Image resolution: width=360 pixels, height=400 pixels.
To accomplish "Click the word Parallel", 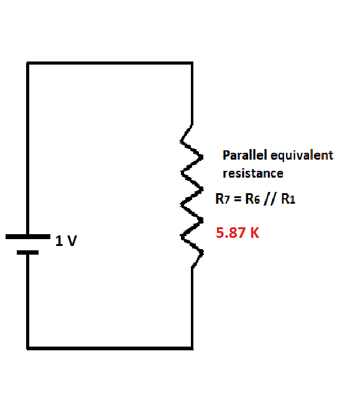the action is pos(244,155).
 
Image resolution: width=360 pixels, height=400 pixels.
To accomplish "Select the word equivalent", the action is pos(302,156).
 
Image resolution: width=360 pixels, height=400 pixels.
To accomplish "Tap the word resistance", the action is pos(253,173).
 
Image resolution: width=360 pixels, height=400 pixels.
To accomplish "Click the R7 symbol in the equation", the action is pos(223,199).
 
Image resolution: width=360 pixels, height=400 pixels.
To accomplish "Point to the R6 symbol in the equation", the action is pos(252,199).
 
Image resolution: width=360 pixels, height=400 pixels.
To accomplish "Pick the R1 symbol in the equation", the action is pos(288,199).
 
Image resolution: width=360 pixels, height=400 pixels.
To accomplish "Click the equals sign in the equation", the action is pos(238,199).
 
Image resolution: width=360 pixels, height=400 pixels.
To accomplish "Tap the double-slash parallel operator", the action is pos(270,199).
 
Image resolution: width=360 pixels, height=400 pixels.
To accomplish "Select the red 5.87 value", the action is pos(231,233).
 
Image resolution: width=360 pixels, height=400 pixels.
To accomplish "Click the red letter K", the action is pos(254,233).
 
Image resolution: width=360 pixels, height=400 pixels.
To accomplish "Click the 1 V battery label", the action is pos(66,240).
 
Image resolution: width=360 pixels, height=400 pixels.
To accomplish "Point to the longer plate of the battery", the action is pos(28,237).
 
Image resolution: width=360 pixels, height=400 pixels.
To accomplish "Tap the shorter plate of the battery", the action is pos(27,253).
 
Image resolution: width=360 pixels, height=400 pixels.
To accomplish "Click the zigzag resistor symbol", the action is pos(192,196).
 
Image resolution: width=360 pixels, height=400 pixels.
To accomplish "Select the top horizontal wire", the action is pos(110,63).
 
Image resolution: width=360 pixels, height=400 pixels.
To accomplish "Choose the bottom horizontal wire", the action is pos(110,348).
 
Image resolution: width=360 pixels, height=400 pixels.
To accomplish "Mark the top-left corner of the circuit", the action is pos(28,63).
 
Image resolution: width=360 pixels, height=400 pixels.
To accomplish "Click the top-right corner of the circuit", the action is pos(192,63).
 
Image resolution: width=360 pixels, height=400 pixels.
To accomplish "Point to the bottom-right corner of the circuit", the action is pos(192,348).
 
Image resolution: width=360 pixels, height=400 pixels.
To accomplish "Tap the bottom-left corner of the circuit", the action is pos(28,348).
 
